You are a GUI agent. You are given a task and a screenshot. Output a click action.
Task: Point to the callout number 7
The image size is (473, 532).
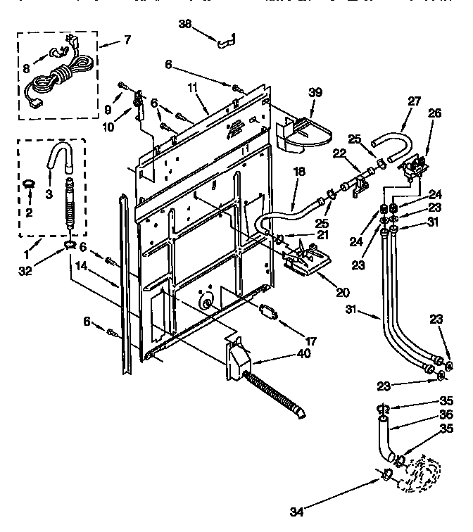click(127, 40)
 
